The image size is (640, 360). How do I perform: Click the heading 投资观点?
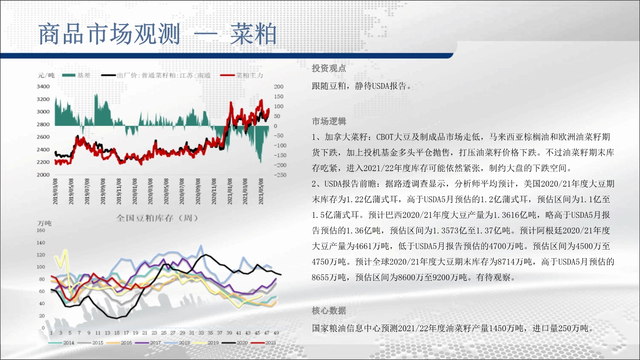click(x=329, y=68)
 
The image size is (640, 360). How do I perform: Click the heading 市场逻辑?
click(x=329, y=121)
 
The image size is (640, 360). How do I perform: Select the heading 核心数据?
click(x=329, y=311)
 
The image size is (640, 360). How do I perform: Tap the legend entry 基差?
click(x=76, y=75)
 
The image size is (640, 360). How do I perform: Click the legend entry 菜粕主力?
click(x=242, y=75)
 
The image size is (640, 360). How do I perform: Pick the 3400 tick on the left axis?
click(x=43, y=86)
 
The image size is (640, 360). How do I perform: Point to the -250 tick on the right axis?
click(x=280, y=175)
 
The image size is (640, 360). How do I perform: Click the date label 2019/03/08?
click(x=55, y=191)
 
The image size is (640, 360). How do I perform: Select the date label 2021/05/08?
click(x=261, y=191)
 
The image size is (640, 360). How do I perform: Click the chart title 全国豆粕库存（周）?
click(x=157, y=218)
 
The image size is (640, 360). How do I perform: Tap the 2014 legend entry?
click(x=61, y=343)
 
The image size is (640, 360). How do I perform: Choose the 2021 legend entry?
click(x=264, y=343)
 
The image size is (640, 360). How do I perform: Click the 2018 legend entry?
click(x=177, y=343)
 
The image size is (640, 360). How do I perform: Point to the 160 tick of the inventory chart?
click(x=41, y=230)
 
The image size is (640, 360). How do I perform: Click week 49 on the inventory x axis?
click(x=276, y=333)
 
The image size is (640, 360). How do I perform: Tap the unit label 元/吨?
click(x=46, y=75)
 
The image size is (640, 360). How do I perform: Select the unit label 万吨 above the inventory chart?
click(x=45, y=223)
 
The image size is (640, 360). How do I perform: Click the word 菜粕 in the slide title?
click(x=253, y=34)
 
